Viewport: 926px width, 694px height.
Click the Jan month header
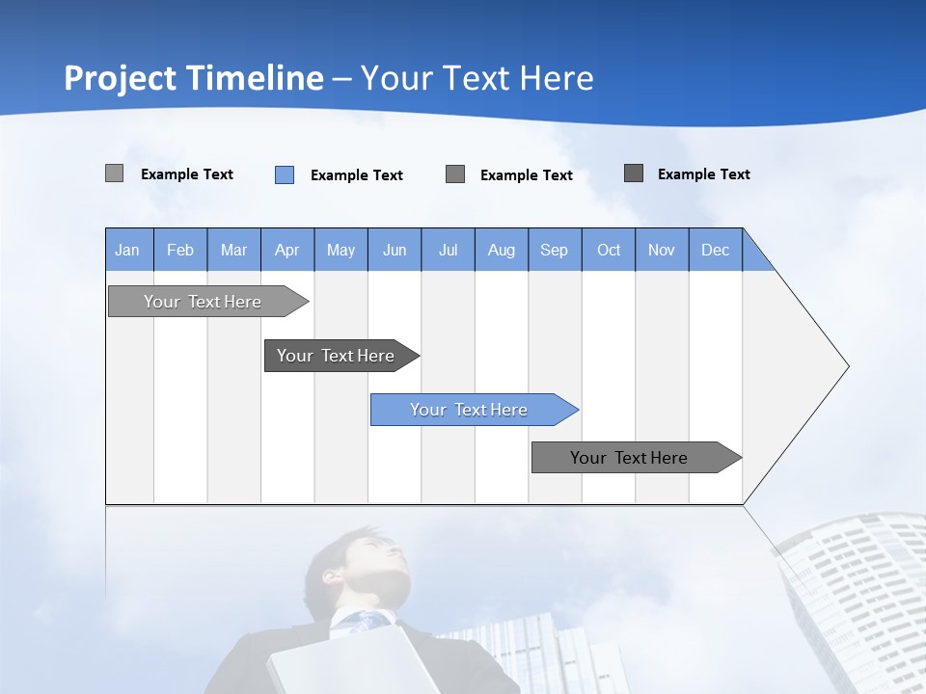click(128, 250)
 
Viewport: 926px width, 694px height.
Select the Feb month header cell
click(180, 250)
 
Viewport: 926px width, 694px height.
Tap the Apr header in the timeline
click(287, 250)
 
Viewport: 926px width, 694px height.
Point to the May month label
click(340, 250)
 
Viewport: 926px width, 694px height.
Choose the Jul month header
click(448, 250)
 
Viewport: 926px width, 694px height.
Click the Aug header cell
click(502, 250)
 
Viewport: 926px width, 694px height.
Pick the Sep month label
click(555, 250)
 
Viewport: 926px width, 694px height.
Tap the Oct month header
click(609, 250)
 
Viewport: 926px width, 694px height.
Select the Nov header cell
click(662, 250)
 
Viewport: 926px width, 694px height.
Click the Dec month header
click(715, 250)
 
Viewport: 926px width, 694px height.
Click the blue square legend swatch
click(285, 174)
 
